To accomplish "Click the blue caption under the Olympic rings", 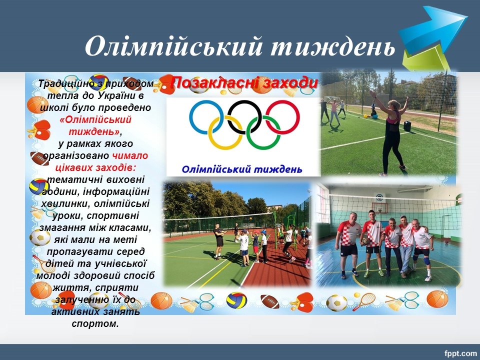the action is point(242,169).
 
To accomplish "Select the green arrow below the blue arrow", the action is point(425,58).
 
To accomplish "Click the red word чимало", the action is point(130,156).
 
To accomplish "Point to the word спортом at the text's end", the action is point(95,324).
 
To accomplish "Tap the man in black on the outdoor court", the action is point(219,241).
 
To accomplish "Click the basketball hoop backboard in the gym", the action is point(379,208).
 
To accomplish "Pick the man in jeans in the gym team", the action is point(406,245).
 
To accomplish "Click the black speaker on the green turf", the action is point(407,126).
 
